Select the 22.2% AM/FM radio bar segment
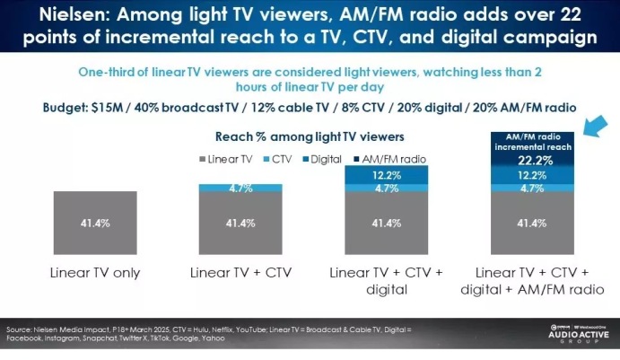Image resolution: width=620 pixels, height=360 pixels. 532,158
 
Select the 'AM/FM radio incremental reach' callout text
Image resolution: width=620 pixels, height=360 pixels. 531,141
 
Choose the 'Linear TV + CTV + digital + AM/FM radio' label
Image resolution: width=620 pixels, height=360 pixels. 531,281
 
